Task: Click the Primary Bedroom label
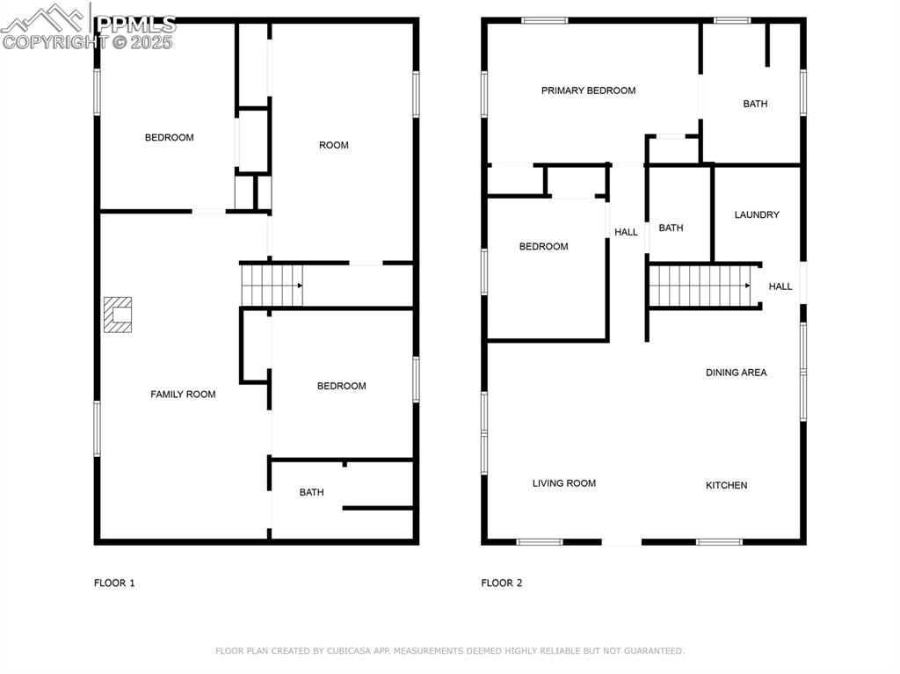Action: click(x=588, y=91)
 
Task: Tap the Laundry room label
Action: click(x=756, y=214)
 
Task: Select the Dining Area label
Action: click(x=736, y=373)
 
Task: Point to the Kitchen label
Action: click(x=727, y=485)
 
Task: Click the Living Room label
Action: click(x=563, y=483)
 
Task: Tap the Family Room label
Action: click(x=183, y=395)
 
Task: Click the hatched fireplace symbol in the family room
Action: click(x=118, y=315)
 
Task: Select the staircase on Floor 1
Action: click(x=272, y=285)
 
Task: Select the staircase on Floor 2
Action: click(x=703, y=286)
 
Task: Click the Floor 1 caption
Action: click(x=114, y=583)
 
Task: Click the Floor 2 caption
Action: click(x=502, y=583)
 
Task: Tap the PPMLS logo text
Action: click(x=135, y=24)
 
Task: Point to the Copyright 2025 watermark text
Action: click(x=88, y=42)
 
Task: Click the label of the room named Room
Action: click(x=333, y=145)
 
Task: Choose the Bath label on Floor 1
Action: click(x=311, y=492)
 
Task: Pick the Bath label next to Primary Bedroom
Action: click(x=755, y=104)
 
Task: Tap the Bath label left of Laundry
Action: click(x=671, y=228)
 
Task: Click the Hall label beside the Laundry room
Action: click(x=780, y=286)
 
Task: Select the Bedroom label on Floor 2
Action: click(x=543, y=246)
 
